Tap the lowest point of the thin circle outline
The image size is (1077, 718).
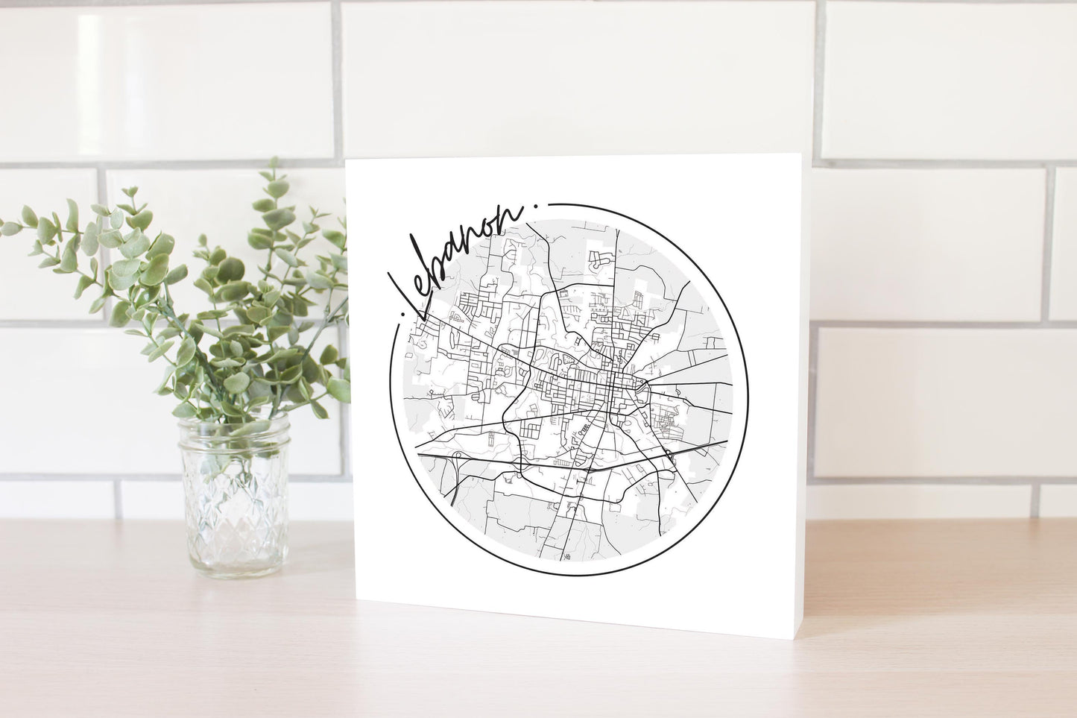point(566,575)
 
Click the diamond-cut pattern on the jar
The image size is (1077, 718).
point(233,514)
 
